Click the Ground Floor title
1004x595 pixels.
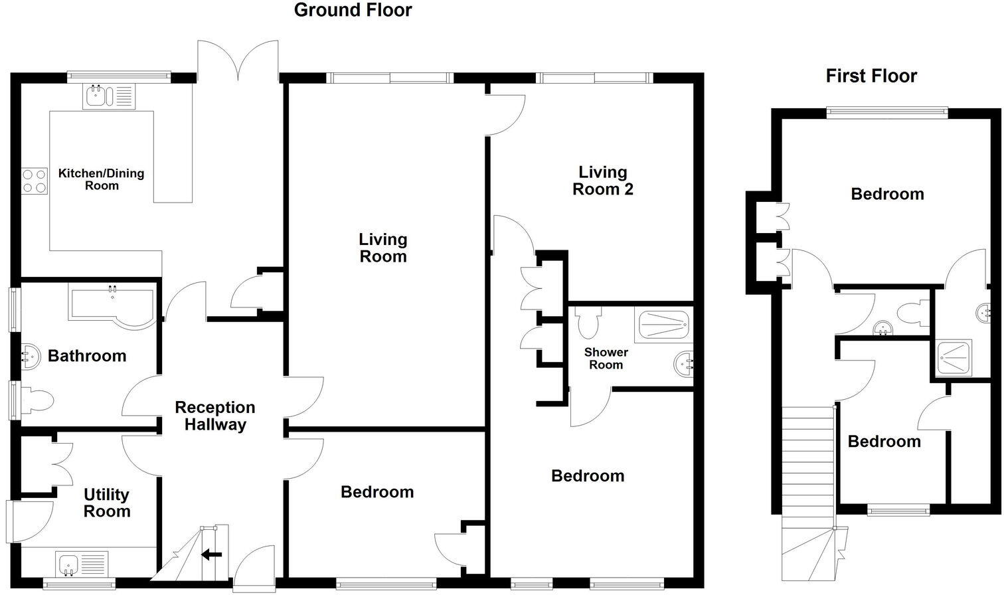[x=353, y=10]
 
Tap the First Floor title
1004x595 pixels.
[x=871, y=76]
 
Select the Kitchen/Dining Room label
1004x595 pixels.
[x=101, y=179]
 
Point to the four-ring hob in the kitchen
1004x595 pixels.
[x=35, y=180]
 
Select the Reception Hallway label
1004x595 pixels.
[x=214, y=416]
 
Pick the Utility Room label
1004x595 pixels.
[x=107, y=503]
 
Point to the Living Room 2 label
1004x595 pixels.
[x=602, y=181]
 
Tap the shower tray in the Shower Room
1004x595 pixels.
[x=664, y=325]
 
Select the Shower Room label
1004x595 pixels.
[x=606, y=359]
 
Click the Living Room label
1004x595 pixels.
[x=383, y=248]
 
